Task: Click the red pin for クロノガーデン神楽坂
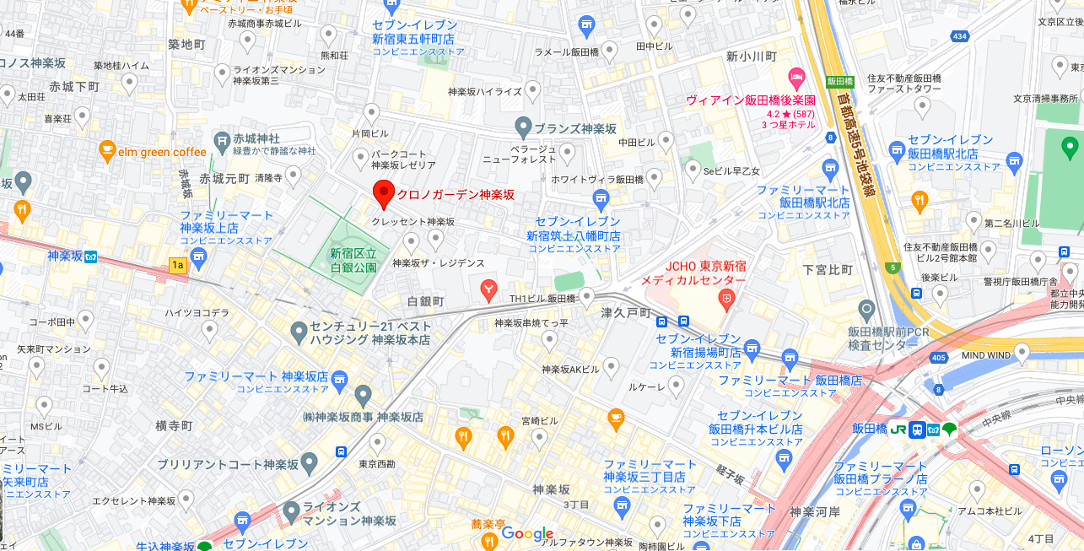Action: click(x=384, y=194)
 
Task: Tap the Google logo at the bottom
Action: click(x=527, y=533)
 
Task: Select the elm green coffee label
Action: click(x=164, y=153)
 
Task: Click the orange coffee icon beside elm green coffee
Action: click(x=106, y=151)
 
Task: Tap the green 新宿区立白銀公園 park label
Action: click(x=353, y=258)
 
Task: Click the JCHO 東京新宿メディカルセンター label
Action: click(x=693, y=273)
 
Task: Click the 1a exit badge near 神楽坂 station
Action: click(x=177, y=266)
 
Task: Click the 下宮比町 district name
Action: click(x=828, y=269)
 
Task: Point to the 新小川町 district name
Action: click(x=750, y=56)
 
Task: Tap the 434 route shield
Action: click(x=958, y=36)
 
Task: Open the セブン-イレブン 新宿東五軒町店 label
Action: click(x=414, y=32)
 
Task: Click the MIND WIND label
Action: click(x=985, y=356)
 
